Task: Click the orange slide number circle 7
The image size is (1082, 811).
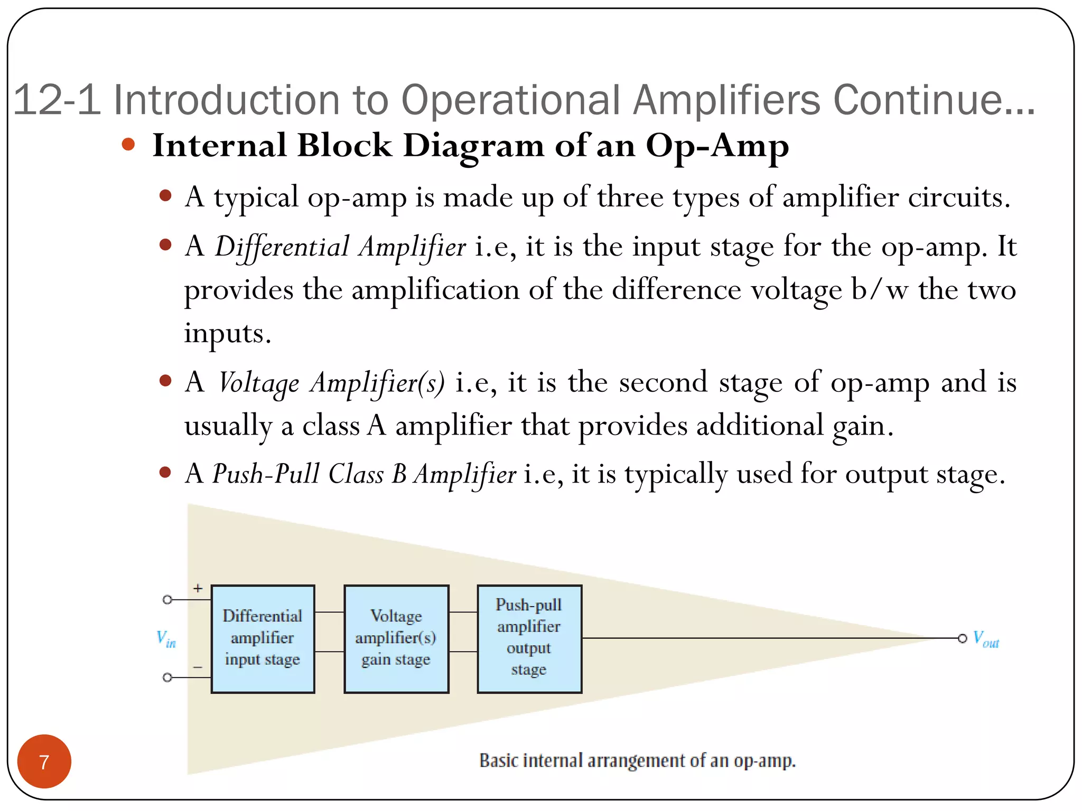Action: tap(44, 761)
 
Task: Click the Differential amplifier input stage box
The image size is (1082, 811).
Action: tap(263, 638)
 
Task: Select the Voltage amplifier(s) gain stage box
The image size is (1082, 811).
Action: tap(396, 638)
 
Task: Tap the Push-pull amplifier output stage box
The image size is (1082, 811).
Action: tap(529, 638)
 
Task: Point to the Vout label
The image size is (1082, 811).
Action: tap(986, 639)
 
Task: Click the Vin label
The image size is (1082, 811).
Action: tap(166, 638)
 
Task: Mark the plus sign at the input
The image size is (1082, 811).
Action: tap(198, 588)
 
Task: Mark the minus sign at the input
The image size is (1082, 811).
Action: tap(198, 667)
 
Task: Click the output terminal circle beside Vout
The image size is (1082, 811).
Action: tap(963, 638)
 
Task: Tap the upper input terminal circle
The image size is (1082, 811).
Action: tap(167, 600)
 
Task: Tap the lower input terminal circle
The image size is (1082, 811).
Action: tap(167, 677)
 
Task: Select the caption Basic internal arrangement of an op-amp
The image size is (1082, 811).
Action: tap(637, 761)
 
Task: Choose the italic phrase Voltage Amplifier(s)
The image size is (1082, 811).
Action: tap(331, 383)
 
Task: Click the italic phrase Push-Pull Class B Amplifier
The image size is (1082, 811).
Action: tap(364, 474)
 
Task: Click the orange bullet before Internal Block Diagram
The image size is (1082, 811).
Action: tap(128, 144)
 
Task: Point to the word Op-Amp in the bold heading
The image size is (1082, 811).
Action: tap(717, 146)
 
